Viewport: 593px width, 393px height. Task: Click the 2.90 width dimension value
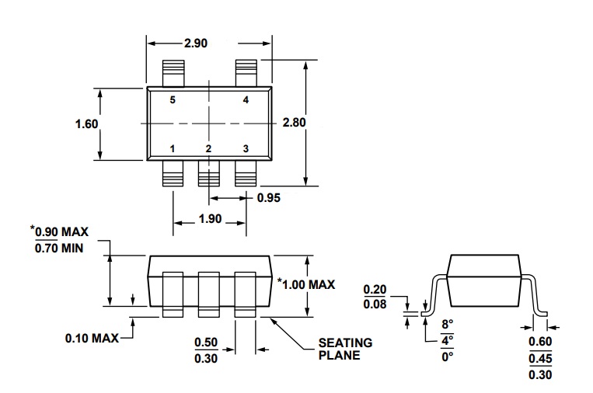click(x=196, y=43)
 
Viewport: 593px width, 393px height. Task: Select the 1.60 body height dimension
click(x=86, y=124)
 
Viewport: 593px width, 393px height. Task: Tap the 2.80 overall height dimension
click(x=294, y=123)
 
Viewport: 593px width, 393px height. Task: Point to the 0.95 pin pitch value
click(x=269, y=197)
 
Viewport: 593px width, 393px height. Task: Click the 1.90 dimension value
click(x=210, y=219)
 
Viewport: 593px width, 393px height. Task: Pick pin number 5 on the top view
click(x=173, y=99)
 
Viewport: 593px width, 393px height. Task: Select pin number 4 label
click(x=246, y=99)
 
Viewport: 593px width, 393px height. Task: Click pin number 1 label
click(x=173, y=148)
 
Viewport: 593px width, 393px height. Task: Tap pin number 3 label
click(x=246, y=148)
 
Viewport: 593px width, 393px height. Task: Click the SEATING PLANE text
click(x=345, y=349)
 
